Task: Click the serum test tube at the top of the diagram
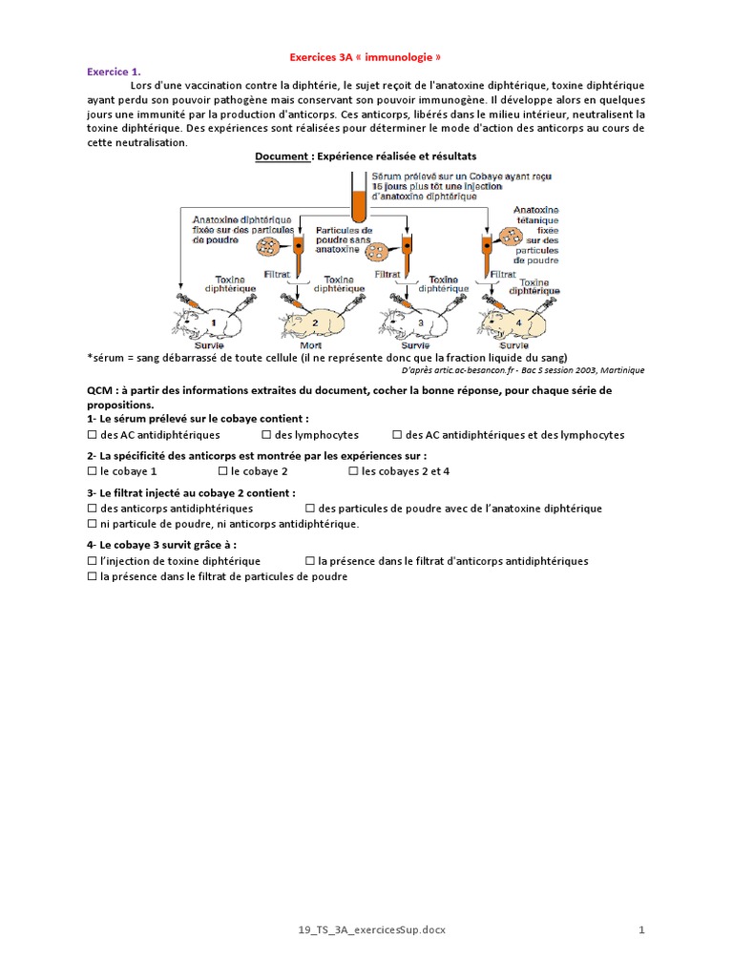[x=358, y=197]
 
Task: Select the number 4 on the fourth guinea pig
[x=519, y=322]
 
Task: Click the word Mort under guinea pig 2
[x=311, y=344]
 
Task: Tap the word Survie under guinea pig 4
[x=513, y=344]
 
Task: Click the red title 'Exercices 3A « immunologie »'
[x=366, y=57]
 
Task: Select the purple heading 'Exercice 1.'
[x=114, y=72]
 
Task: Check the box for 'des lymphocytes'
[x=266, y=435]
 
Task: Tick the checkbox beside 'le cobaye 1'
[x=93, y=471]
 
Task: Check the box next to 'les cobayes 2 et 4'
[x=354, y=471]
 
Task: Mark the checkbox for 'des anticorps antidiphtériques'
[x=93, y=509]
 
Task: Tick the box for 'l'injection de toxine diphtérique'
[x=93, y=561]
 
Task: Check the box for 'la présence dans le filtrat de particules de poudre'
[x=93, y=576]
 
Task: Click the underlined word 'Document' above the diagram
[x=282, y=156]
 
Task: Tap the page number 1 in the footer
[x=642, y=929]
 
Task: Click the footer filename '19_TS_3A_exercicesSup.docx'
[x=366, y=929]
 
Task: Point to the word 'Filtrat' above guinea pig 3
[x=387, y=273]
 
